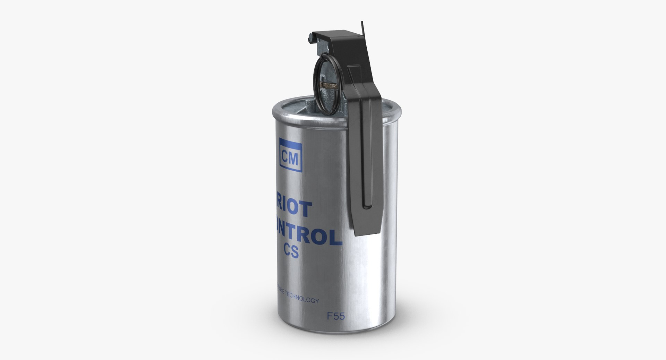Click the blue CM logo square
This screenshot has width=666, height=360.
pyautogui.click(x=291, y=159)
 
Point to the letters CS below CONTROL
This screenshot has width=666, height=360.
pyautogui.click(x=290, y=252)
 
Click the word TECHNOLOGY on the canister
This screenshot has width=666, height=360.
pyautogui.click(x=301, y=300)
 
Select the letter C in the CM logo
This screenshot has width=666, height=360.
pyautogui.click(x=286, y=159)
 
